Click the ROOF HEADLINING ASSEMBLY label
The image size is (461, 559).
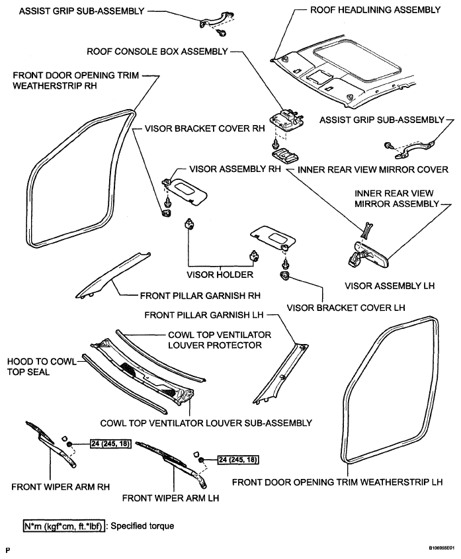[376, 10]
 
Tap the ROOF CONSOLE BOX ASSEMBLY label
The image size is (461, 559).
[157, 52]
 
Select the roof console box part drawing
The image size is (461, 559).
[286, 120]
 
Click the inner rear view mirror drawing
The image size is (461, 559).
[367, 254]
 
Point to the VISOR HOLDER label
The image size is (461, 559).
[220, 275]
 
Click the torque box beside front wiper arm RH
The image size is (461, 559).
[110, 444]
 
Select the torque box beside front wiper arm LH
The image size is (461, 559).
[238, 460]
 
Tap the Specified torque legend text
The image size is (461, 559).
[142, 526]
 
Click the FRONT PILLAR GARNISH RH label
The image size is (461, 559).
[200, 296]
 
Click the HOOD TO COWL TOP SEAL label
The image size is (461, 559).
[42, 367]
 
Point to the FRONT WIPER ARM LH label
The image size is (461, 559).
[171, 498]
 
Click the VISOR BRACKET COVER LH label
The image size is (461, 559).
[346, 308]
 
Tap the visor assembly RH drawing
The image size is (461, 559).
[186, 191]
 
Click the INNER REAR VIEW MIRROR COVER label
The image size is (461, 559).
[373, 170]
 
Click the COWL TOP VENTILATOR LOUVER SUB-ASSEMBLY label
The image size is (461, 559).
[206, 423]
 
